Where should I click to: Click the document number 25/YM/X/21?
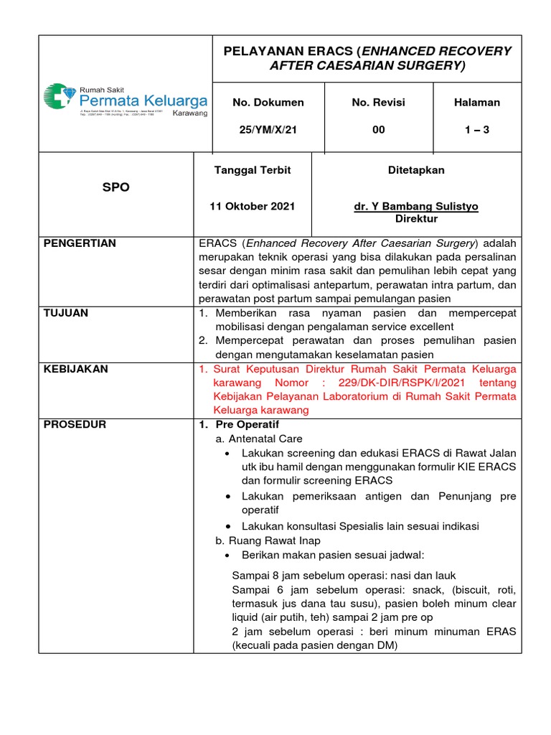click(268, 130)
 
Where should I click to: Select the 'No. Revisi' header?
click(378, 103)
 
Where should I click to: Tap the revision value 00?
click(378, 130)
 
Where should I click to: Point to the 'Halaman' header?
click(477, 103)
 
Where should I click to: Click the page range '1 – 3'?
click(477, 130)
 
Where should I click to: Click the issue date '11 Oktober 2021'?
click(252, 206)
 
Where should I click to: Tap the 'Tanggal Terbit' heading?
click(253, 170)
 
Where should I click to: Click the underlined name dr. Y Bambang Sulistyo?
click(416, 206)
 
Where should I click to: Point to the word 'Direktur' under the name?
click(416, 219)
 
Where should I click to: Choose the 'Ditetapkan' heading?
click(416, 170)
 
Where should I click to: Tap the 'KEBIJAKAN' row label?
click(75, 369)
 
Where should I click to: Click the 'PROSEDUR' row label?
click(75, 424)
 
